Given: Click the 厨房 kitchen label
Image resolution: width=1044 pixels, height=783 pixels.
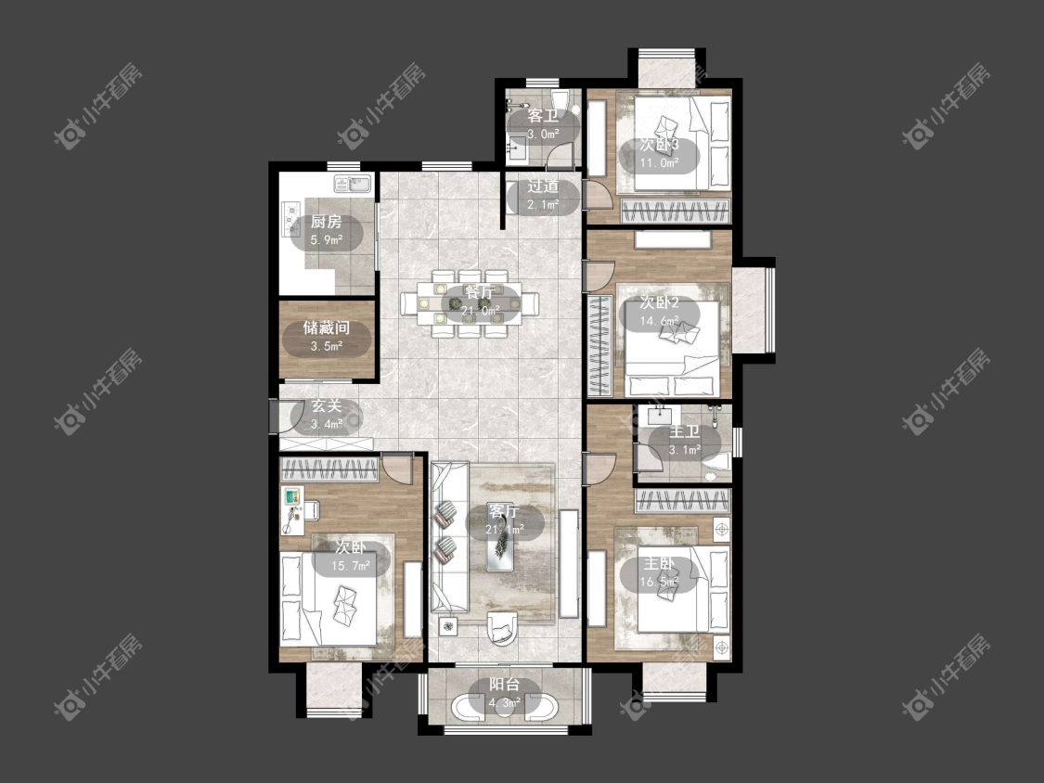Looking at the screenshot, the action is (327, 223).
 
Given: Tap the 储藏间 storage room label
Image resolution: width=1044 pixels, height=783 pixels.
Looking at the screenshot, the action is (327, 327).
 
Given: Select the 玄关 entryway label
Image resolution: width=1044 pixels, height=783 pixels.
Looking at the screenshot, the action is (327, 406).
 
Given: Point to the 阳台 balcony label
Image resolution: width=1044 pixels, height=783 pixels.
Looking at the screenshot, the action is (505, 685).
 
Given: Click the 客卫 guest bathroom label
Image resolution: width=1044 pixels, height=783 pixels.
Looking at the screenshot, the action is (543, 116).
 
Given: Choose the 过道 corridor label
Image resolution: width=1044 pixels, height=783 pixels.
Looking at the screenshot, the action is (543, 187).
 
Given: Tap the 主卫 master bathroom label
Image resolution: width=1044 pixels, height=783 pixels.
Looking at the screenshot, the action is (685, 432).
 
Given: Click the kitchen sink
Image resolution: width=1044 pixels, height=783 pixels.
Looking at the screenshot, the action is (353, 183).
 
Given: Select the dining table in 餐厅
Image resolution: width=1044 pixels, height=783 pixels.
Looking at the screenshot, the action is (470, 304).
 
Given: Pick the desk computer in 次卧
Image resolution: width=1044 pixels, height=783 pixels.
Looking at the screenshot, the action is (293, 496).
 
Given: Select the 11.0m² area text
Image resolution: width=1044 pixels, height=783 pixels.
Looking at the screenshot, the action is (659, 162).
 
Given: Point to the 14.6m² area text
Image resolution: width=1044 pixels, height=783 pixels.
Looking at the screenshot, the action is (659, 321).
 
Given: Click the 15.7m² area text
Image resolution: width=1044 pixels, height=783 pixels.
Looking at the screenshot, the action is (350, 567).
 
